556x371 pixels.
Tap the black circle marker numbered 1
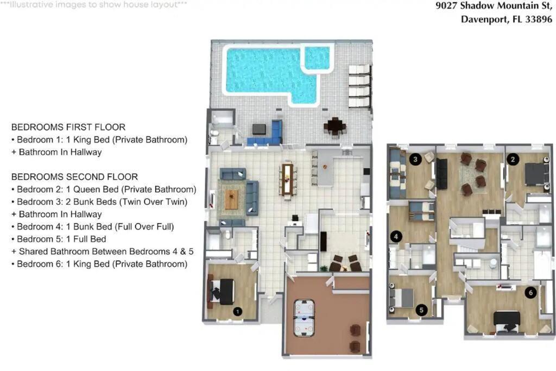pos(238,311)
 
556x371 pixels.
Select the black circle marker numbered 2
pos(513,160)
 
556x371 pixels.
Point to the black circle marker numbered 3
pos(415,159)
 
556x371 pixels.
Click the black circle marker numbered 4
pos(396,236)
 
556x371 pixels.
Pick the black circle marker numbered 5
pos(421,310)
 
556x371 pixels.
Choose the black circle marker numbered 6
pos(530,292)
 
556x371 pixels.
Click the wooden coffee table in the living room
pos(231,199)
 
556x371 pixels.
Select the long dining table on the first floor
pos(288,179)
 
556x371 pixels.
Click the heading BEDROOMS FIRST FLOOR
pos(68,127)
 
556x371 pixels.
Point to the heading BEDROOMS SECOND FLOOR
pos(74,177)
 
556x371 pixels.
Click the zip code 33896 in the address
pos(539,19)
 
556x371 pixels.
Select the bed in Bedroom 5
pos(401,298)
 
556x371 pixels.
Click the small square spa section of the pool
pos(317,58)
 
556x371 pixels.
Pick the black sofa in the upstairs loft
pos(442,174)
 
